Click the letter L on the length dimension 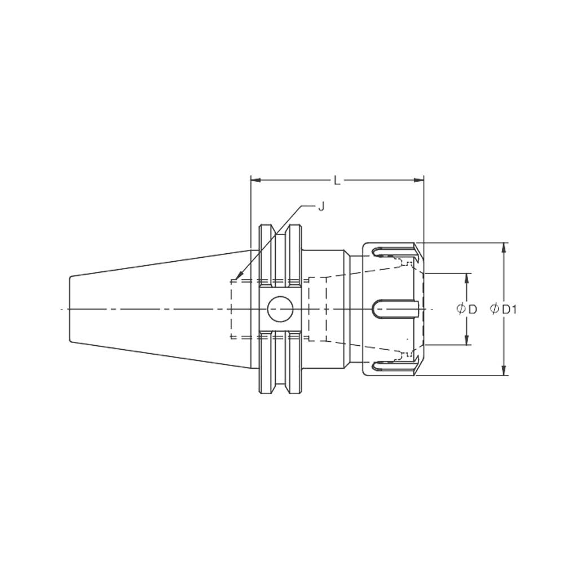click(x=337, y=180)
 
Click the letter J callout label click(x=321, y=207)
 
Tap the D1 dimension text click(x=510, y=309)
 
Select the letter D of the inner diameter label click(x=473, y=309)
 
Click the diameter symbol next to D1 click(x=495, y=309)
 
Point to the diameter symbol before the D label click(x=460, y=309)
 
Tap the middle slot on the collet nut click(x=395, y=309)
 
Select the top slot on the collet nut click(x=393, y=249)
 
